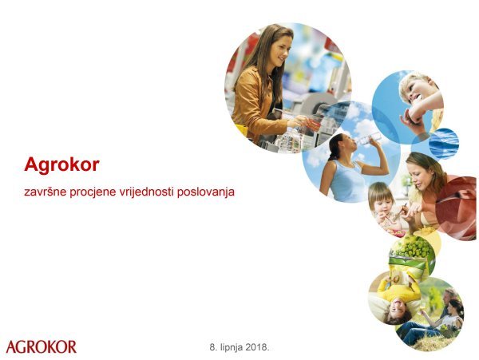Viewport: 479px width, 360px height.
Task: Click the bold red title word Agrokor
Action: click(x=61, y=165)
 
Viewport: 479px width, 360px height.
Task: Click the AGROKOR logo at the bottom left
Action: click(x=42, y=346)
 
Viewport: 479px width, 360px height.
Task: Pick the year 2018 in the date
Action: click(x=256, y=347)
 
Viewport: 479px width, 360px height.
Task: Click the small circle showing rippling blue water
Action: click(x=444, y=144)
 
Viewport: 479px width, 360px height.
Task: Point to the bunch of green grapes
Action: click(x=412, y=250)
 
